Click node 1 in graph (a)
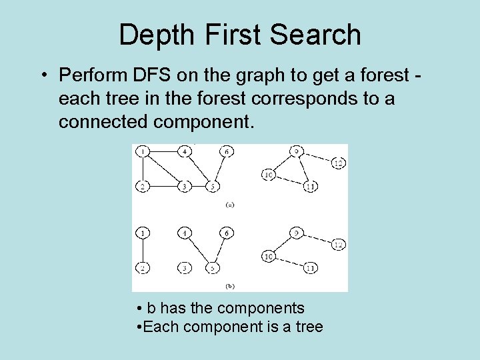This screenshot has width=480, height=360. pyautogui.click(x=143, y=152)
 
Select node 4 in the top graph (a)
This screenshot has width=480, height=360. pyautogui.click(x=185, y=152)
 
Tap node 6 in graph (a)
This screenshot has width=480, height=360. pyautogui.click(x=227, y=152)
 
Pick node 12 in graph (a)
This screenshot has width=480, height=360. pyautogui.click(x=338, y=163)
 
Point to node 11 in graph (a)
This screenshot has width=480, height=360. pyautogui.click(x=309, y=187)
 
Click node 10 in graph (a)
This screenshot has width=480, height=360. pyautogui.click(x=269, y=175)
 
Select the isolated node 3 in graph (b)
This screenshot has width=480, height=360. pyautogui.click(x=185, y=268)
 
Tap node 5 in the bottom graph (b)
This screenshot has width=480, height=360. pyautogui.click(x=211, y=268)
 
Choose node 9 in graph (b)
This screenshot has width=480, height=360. pyautogui.click(x=296, y=233)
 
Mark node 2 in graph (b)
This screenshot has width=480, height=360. pyautogui.click(x=143, y=268)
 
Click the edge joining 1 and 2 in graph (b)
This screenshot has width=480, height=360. pyautogui.click(x=143, y=251)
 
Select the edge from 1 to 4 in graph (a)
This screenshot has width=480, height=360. pyautogui.click(x=164, y=152)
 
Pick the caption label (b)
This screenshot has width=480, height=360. pyautogui.click(x=229, y=286)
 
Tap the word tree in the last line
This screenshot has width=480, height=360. pyautogui.click(x=308, y=327)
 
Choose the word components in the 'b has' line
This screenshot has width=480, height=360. pyautogui.click(x=261, y=308)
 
